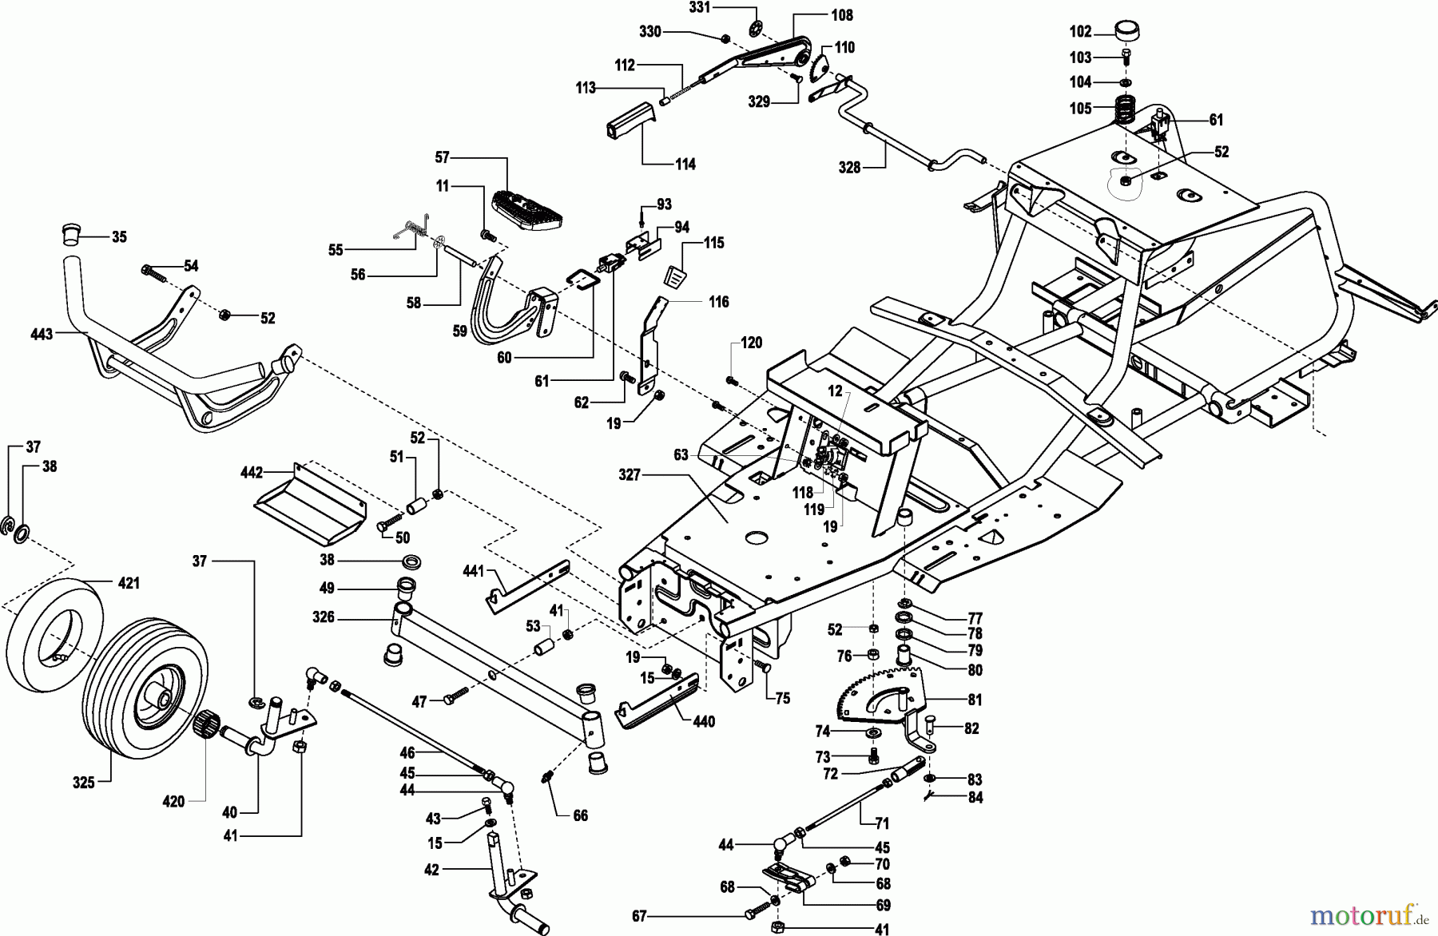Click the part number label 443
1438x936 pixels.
(x=42, y=334)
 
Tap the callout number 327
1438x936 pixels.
(x=630, y=475)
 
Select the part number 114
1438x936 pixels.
(x=685, y=165)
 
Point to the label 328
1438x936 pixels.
(x=849, y=167)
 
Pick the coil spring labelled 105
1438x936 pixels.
(x=1126, y=109)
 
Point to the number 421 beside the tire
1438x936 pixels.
(x=129, y=584)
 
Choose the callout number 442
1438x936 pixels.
(x=252, y=473)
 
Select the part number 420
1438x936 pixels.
(x=173, y=801)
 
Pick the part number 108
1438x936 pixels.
(x=841, y=15)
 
